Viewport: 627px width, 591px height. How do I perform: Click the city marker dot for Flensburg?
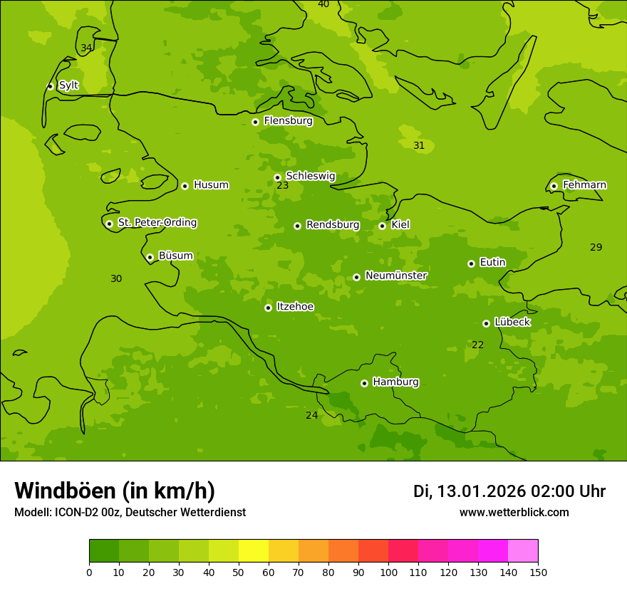255,122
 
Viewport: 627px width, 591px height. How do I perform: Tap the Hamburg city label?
395,382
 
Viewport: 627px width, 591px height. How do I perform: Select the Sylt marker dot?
50,86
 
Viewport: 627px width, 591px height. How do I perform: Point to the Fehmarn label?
584,185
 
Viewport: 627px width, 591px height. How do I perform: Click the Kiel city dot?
383,226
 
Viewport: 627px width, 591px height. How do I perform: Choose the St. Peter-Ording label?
157,223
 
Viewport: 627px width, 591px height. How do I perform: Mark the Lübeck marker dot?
487,323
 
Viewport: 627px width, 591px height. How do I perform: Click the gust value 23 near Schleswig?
283,186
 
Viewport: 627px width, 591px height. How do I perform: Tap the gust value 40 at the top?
323,4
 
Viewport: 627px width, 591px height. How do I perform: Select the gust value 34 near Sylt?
86,48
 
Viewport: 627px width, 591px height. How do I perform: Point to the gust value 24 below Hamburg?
312,416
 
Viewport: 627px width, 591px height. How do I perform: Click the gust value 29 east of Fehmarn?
596,248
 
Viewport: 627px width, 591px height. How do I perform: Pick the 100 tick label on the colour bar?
388,572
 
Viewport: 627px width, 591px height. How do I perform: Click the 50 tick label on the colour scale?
239,572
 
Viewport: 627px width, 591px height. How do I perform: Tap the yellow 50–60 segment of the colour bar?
254,550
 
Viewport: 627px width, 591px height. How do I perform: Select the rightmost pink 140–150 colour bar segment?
523,550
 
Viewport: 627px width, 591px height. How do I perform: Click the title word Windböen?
65,491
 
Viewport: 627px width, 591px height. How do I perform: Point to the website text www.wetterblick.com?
514,513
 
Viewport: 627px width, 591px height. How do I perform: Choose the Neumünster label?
395,276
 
